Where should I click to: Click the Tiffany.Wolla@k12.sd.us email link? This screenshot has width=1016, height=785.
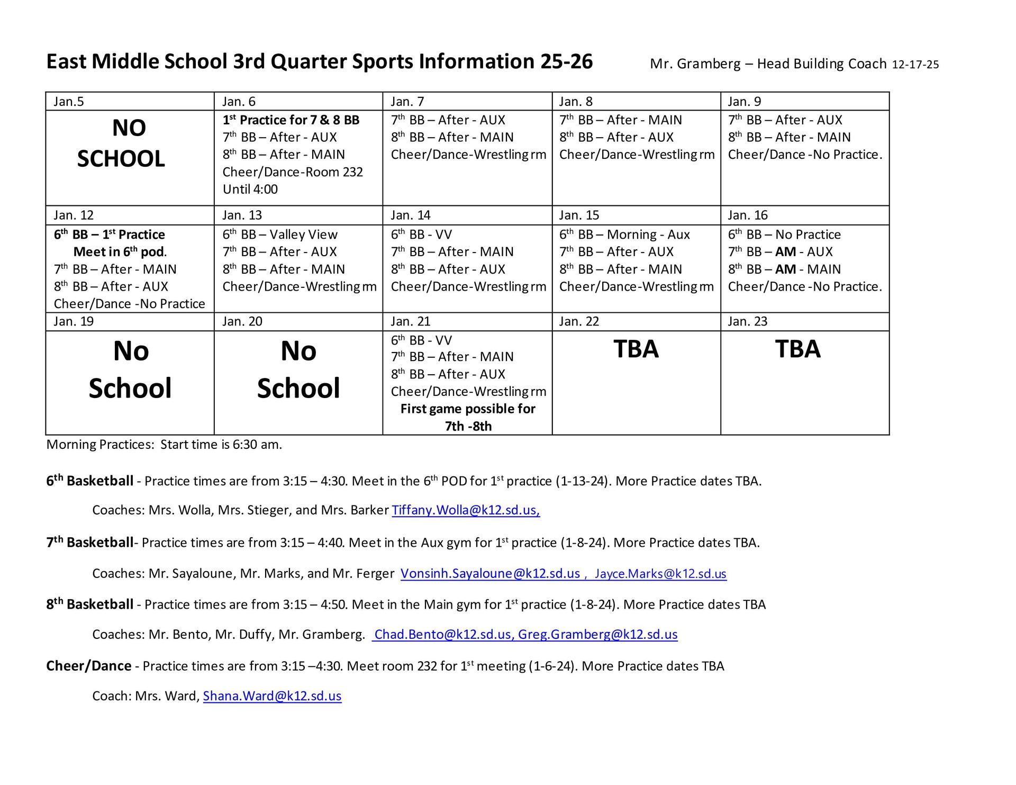pyautogui.click(x=465, y=510)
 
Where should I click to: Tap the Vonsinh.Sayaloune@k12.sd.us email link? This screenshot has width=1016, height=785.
pyautogui.click(x=490, y=574)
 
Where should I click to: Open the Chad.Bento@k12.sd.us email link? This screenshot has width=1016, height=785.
pyautogui.click(x=442, y=635)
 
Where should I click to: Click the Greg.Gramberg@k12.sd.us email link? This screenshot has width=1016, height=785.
pyautogui.click(x=597, y=635)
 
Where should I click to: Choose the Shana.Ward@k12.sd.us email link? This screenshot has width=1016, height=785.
pyautogui.click(x=272, y=696)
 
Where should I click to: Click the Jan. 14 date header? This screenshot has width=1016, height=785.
pyautogui.click(x=411, y=215)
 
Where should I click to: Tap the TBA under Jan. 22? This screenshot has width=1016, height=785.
pyautogui.click(x=636, y=349)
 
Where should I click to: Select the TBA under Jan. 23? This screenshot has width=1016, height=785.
pyautogui.click(x=797, y=349)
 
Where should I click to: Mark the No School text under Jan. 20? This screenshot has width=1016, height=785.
pyautogui.click(x=298, y=369)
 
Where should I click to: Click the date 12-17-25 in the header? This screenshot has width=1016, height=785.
pyautogui.click(x=915, y=65)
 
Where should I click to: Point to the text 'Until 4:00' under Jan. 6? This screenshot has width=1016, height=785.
pyautogui.click(x=250, y=190)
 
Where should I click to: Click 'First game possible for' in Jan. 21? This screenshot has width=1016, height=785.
pyautogui.click(x=468, y=409)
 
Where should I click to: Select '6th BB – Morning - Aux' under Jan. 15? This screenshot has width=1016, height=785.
pyautogui.click(x=624, y=234)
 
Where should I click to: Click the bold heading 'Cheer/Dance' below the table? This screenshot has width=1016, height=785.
pyautogui.click(x=89, y=666)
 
